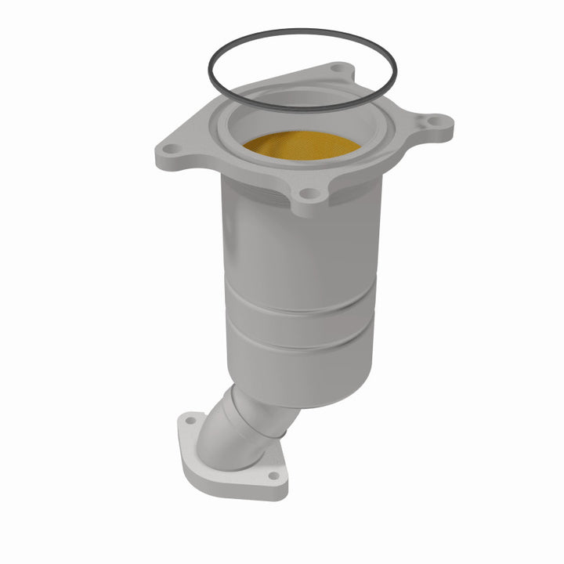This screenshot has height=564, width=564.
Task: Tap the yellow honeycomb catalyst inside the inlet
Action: [x=301, y=144]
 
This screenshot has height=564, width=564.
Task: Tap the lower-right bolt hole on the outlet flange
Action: [x=273, y=475]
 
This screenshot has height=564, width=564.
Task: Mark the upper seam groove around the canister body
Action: [x=298, y=305]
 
